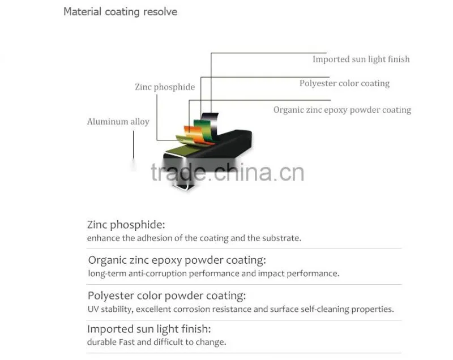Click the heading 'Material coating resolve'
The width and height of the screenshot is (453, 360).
(x=120, y=12)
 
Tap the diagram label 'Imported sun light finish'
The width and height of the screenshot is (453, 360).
(x=361, y=59)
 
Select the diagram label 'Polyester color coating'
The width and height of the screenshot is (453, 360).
(x=344, y=83)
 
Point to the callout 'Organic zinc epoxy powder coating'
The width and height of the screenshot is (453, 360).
(x=342, y=110)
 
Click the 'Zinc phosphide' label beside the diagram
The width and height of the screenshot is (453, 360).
(x=165, y=87)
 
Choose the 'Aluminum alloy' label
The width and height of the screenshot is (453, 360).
(x=118, y=122)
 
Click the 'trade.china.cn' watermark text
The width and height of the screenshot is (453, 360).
(x=228, y=173)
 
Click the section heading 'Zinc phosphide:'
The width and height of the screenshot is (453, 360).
(x=126, y=225)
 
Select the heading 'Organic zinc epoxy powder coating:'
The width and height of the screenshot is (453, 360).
(x=177, y=260)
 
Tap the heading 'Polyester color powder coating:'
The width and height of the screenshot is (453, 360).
(x=166, y=296)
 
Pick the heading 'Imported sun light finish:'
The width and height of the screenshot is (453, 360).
(x=149, y=329)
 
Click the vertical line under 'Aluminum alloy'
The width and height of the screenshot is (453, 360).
(x=133, y=145)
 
